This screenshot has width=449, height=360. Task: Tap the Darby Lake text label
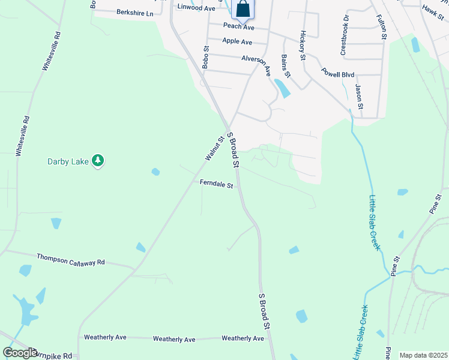pos(68,161)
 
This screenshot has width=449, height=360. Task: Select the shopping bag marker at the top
pos(243,9)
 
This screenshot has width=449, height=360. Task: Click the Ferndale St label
pos(216,185)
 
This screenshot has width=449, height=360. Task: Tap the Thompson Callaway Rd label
pos(71,259)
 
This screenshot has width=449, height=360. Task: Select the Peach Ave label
pos(239,26)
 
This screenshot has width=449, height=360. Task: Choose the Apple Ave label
pos(237,41)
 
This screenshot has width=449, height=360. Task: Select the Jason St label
pos(359,97)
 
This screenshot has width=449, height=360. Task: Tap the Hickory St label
pos(303,46)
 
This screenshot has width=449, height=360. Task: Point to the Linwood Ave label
pos(196,8)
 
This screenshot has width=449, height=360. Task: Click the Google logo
pos(20,353)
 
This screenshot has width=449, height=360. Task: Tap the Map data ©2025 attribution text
pos(423,355)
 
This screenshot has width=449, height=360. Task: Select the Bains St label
pos(285,66)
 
